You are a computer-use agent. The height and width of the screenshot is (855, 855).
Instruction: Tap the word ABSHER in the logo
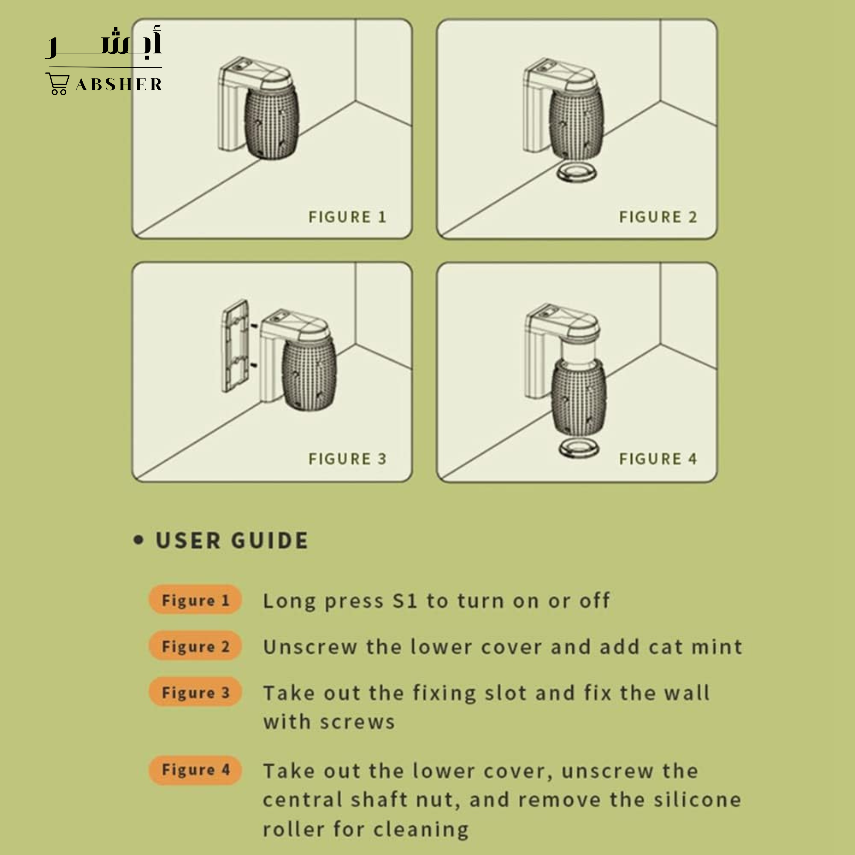click(119, 84)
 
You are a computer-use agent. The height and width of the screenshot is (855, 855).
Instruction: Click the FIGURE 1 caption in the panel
click(347, 217)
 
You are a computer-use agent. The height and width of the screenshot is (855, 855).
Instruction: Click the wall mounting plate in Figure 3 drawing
click(235, 346)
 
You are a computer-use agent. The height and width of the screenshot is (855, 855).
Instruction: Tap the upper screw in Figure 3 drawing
click(254, 326)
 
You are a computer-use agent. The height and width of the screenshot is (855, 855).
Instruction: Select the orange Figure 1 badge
click(195, 600)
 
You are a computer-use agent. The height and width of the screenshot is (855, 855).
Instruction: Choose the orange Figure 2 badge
click(195, 646)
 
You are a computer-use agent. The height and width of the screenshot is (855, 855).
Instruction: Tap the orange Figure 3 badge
click(195, 692)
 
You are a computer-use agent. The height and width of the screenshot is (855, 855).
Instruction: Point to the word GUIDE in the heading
click(270, 540)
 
